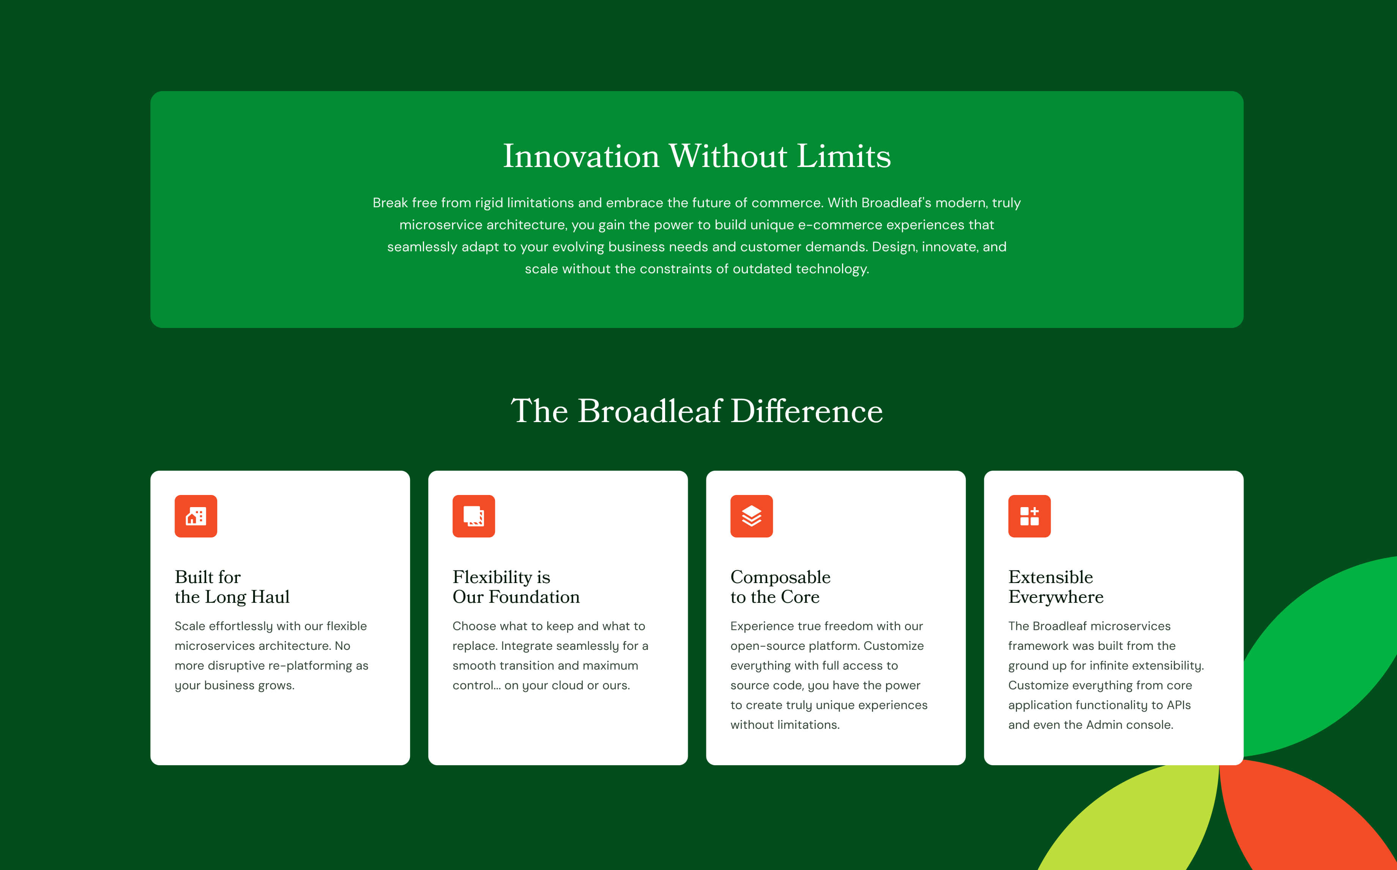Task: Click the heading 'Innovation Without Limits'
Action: pos(697,156)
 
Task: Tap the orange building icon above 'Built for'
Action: pos(196,516)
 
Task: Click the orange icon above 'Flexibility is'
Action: pos(473,516)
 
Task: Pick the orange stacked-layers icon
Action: pos(751,516)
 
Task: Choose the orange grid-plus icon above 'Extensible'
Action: pos(1029,516)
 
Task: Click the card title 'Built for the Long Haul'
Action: pos(232,587)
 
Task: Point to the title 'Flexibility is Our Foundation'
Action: pos(516,587)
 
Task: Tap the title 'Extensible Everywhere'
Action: pos(1056,587)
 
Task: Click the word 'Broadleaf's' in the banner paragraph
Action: pos(895,203)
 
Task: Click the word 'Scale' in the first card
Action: pos(190,626)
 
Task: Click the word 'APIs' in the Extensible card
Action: pos(1179,705)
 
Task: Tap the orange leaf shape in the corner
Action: pos(1306,817)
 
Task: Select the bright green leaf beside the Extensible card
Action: pos(1323,656)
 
